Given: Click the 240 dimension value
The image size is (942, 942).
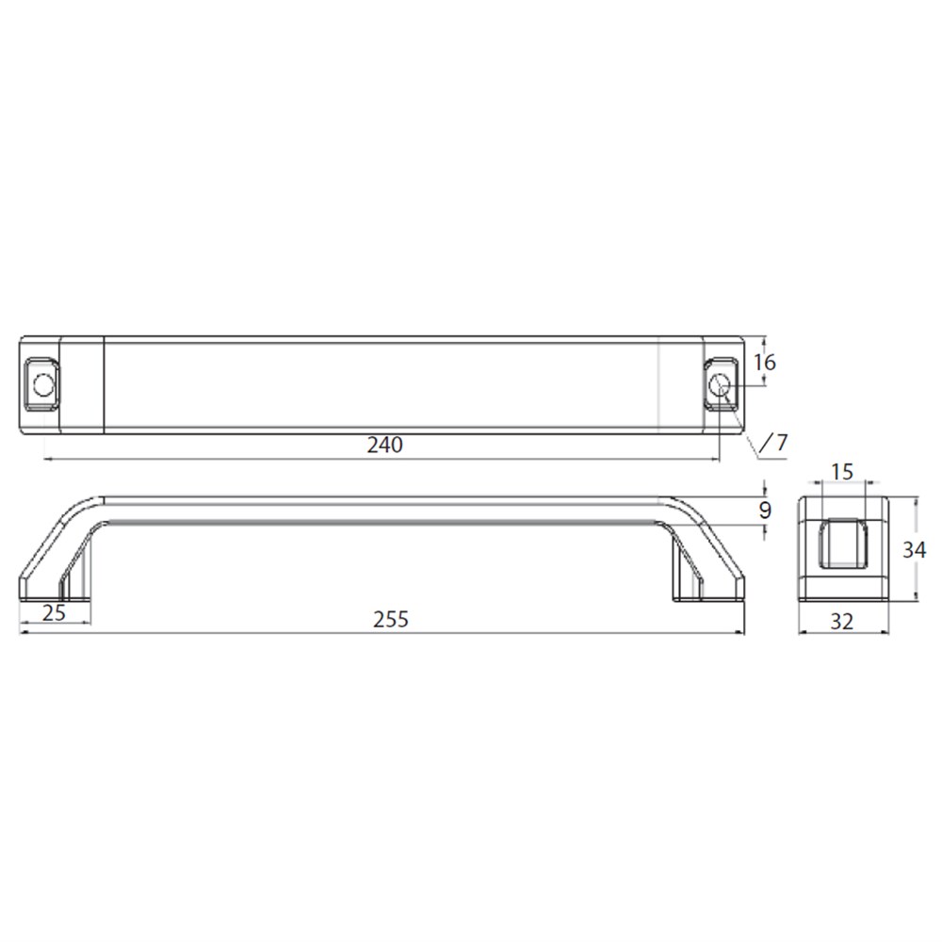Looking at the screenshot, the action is [385, 446].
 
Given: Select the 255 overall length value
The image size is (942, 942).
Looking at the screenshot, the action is [391, 620].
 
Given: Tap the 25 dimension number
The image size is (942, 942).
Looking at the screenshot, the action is [54, 613].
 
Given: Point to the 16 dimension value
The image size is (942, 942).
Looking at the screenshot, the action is [764, 363].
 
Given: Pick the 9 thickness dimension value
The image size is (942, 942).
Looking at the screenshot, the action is [764, 511].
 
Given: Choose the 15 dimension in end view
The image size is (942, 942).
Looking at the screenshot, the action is [841, 472].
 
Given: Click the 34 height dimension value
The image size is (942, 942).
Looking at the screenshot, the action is [914, 550].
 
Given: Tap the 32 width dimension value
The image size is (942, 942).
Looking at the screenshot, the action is [841, 622].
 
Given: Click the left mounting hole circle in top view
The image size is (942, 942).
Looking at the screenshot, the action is [43, 384].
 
